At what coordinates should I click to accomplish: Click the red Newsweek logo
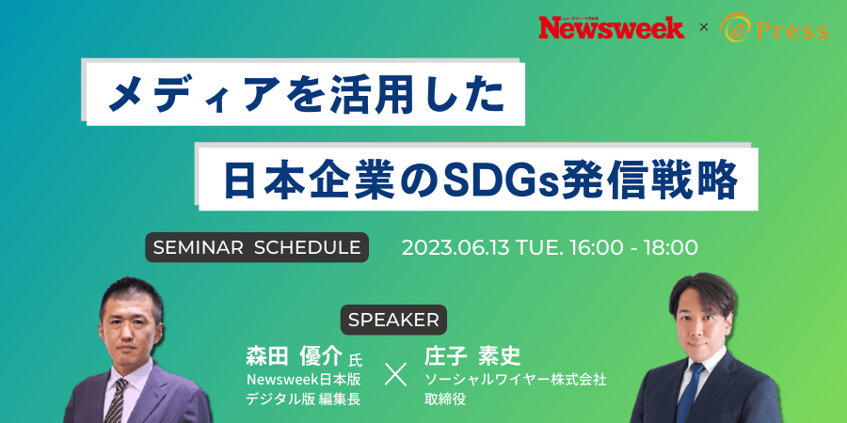click(612, 27)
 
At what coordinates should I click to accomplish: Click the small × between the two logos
click(703, 27)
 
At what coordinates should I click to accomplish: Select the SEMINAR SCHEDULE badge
click(257, 247)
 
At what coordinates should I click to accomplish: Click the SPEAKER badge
click(393, 320)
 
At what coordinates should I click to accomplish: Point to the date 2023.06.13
click(455, 247)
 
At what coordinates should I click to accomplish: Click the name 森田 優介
click(294, 356)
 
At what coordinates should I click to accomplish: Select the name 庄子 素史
click(472, 356)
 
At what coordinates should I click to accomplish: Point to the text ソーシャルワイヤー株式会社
click(516, 380)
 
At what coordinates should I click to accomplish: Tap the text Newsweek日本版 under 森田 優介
click(304, 380)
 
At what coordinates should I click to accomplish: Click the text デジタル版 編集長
click(304, 399)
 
